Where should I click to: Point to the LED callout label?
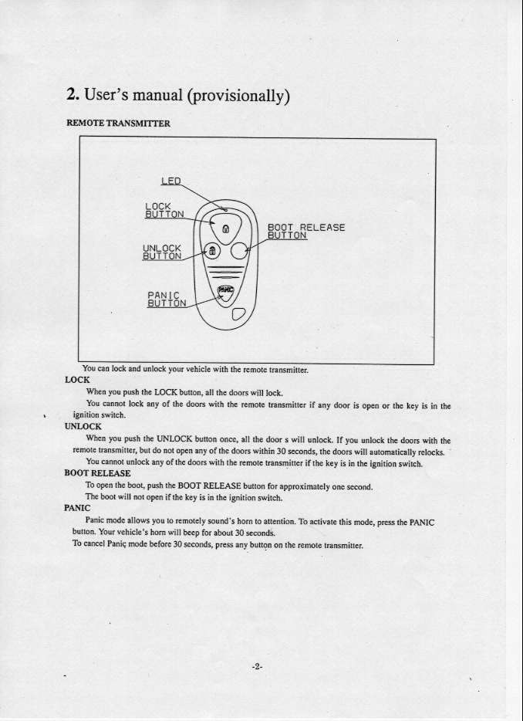coord(170,181)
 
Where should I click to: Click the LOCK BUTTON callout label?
coord(164,210)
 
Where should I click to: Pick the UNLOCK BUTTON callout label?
coord(162,252)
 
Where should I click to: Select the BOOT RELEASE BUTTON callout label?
coord(305,232)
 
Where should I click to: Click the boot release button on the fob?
coord(241,249)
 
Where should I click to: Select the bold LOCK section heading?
coord(77,380)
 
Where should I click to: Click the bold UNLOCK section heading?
coord(83,425)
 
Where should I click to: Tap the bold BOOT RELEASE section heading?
coord(97,472)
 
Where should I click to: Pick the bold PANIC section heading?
coord(77,509)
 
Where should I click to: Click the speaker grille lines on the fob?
coord(224,272)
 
